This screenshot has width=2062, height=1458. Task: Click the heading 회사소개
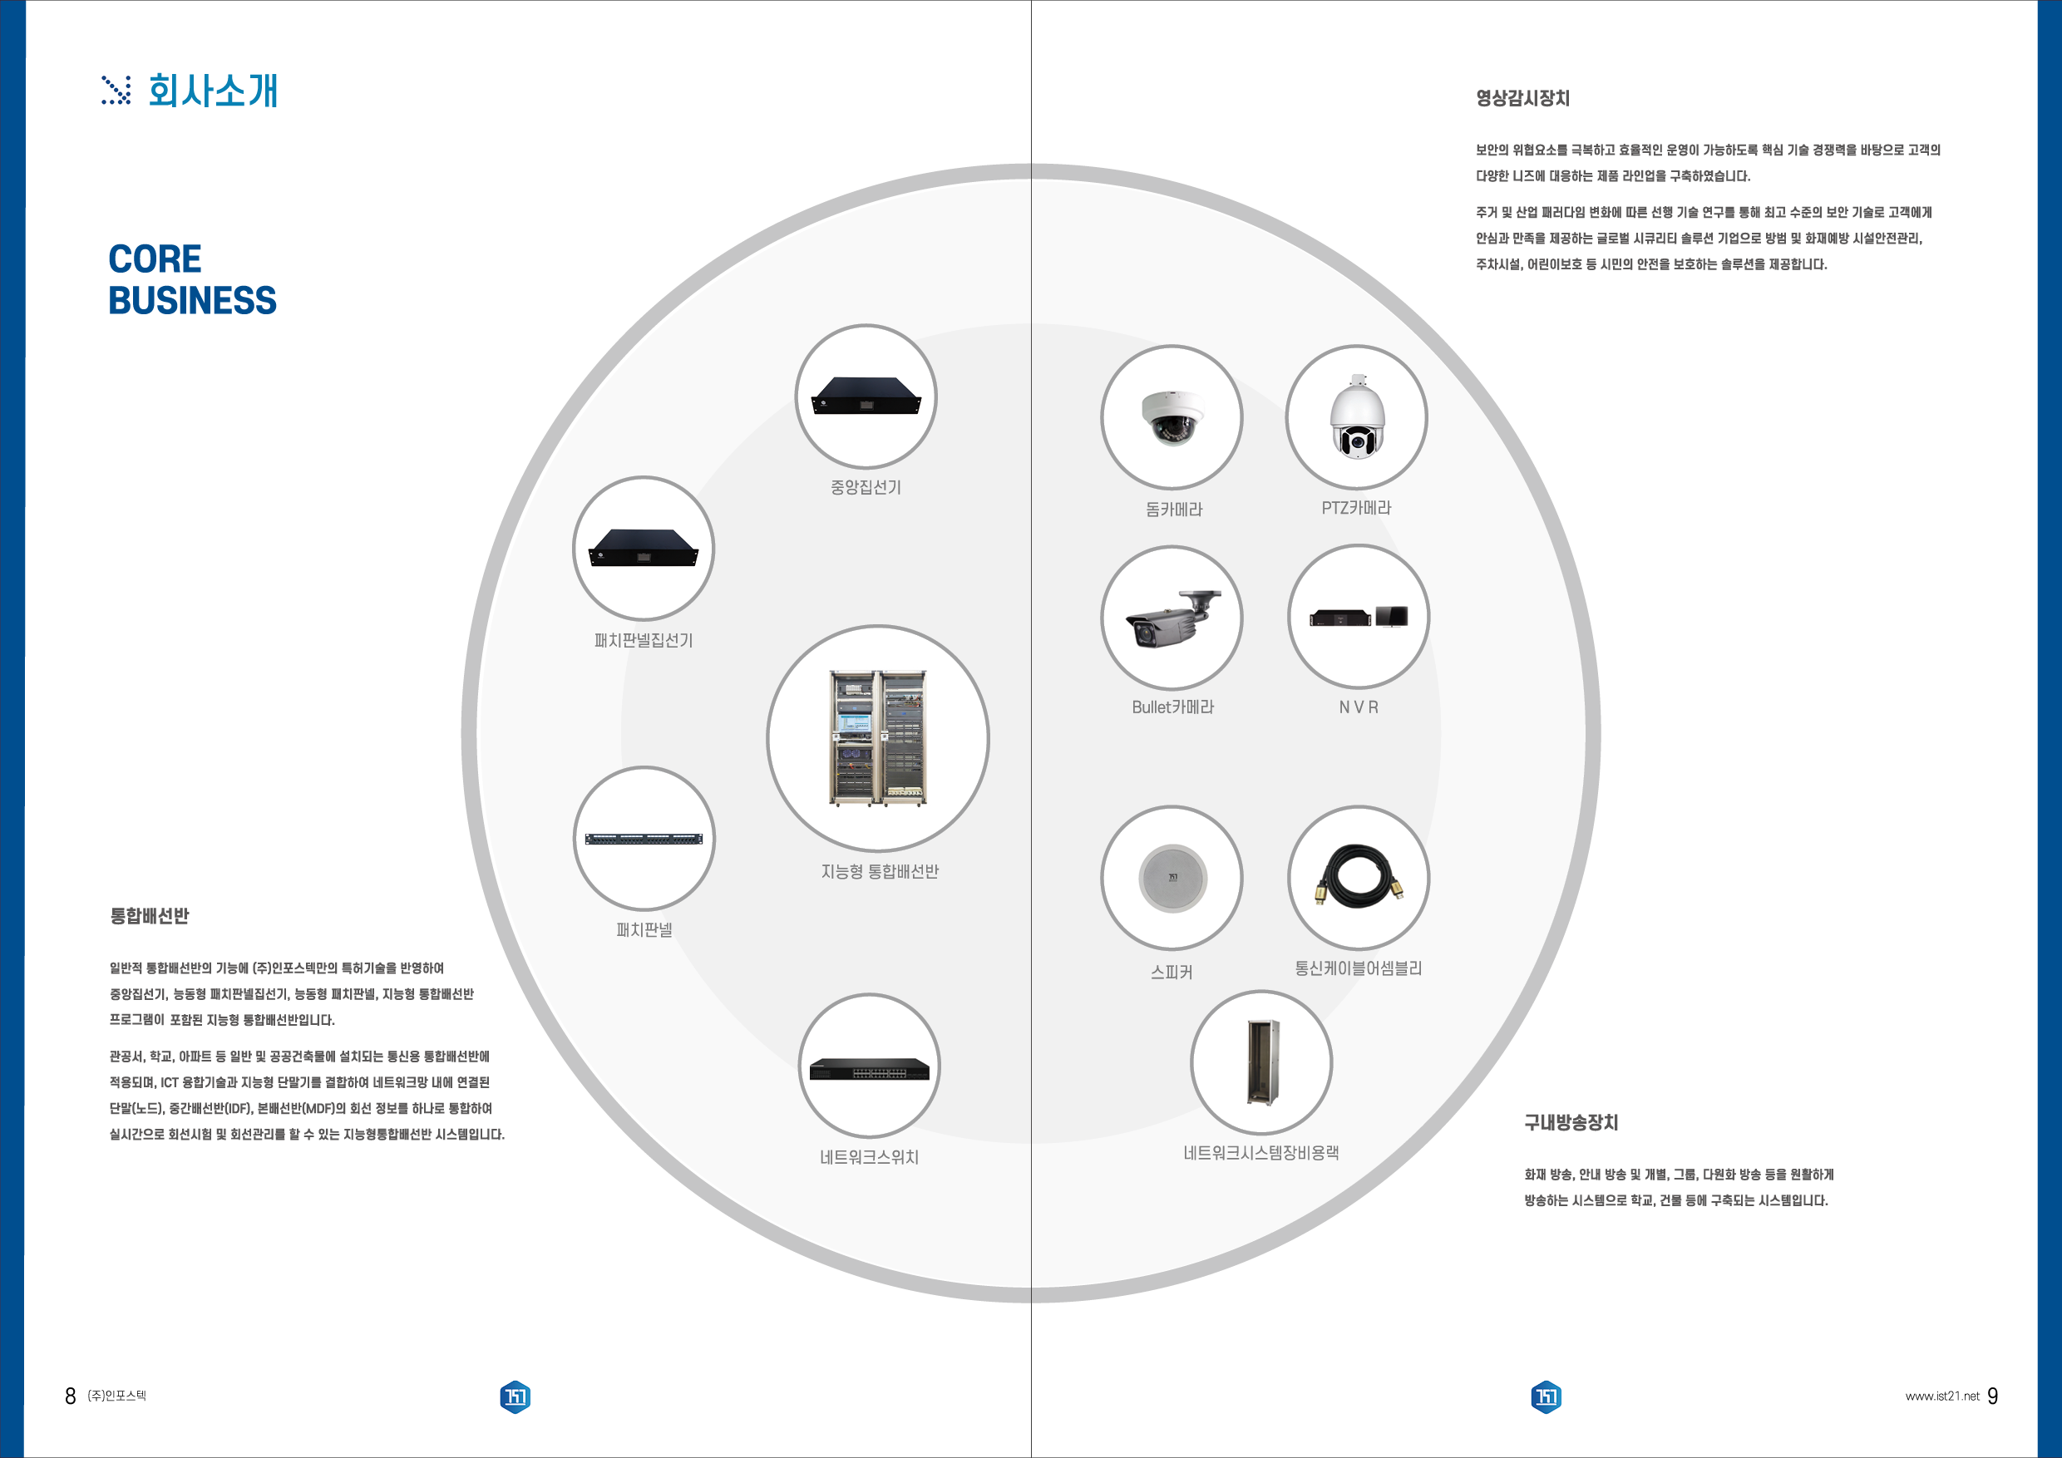click(213, 91)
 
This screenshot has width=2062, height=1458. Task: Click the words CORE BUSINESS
click(192, 279)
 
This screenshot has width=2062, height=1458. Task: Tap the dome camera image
click(1172, 417)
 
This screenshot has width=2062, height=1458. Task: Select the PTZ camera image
click(1357, 416)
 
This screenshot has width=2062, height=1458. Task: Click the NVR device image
click(1358, 617)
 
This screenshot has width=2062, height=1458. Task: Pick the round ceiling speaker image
click(1172, 878)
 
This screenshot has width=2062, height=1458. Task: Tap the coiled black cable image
click(1359, 875)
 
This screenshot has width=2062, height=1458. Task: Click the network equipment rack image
click(1262, 1063)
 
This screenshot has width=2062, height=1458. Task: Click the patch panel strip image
click(644, 840)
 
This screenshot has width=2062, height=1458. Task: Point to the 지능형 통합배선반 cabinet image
click(877, 738)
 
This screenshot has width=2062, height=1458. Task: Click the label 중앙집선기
click(866, 487)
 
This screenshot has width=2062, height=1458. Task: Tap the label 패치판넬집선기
click(644, 640)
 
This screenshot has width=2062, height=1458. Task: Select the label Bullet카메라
click(1173, 707)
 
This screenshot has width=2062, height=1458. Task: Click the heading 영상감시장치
click(1523, 98)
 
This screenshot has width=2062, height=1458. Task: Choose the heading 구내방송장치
click(1571, 1122)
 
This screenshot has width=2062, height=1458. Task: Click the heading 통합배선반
click(149, 916)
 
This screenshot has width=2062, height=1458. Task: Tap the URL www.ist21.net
click(1941, 1396)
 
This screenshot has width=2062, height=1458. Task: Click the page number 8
click(70, 1396)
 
